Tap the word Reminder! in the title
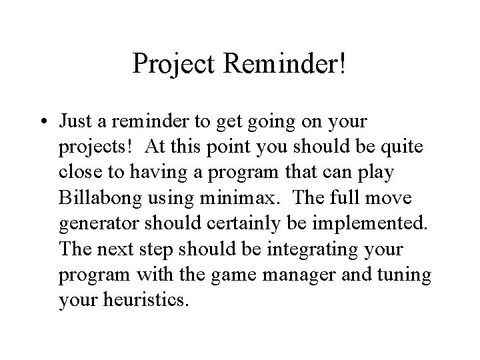pos(287,63)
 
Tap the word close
pos(79,172)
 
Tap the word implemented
pos(359,223)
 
